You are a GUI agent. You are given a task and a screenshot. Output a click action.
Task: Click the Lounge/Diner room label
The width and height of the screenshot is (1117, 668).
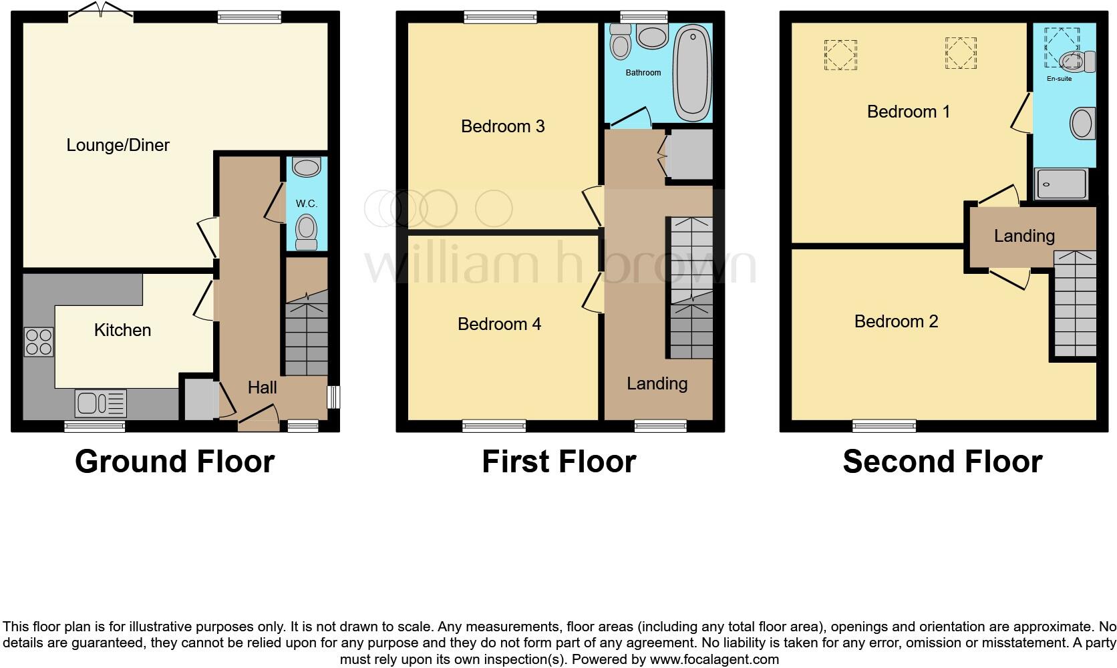[118, 145]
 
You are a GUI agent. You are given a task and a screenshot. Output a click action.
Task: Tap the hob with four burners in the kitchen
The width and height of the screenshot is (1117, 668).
[39, 342]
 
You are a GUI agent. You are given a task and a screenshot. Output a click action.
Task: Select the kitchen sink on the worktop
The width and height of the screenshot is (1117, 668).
[100, 403]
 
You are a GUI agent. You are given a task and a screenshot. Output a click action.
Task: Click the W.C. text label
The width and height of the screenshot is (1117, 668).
[307, 203]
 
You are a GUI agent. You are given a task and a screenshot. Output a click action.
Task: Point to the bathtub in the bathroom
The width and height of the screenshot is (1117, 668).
[692, 73]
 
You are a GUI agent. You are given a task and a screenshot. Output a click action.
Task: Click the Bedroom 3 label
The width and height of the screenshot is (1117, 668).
[502, 126]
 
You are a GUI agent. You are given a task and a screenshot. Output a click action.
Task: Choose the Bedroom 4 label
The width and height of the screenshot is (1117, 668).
[499, 324]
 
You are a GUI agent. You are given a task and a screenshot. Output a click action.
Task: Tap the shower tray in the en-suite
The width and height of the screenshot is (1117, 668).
[1060, 184]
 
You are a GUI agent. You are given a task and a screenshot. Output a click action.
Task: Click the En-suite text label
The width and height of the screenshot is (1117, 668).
[1059, 79]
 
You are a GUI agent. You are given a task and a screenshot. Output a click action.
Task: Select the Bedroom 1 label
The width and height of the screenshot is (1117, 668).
[908, 112]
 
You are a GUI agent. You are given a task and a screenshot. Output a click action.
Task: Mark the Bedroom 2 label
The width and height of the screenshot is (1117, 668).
[896, 321]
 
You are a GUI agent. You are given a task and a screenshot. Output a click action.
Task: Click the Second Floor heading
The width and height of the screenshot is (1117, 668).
[942, 462]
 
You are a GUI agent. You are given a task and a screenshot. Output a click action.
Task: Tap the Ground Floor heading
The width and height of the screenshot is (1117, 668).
[174, 462]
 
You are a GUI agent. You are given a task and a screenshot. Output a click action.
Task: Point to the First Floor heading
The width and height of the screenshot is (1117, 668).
[558, 462]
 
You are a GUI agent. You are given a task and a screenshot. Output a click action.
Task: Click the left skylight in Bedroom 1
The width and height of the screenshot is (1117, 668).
[840, 55]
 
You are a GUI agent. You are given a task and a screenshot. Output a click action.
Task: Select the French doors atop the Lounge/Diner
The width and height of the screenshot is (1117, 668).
[101, 12]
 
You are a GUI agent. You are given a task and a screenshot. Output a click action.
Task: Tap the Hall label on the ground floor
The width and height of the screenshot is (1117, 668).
[262, 387]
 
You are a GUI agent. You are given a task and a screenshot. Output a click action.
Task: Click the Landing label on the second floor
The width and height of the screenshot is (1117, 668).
[1023, 236]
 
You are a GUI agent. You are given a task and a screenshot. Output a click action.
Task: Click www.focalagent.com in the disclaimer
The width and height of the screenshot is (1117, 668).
[714, 660]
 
